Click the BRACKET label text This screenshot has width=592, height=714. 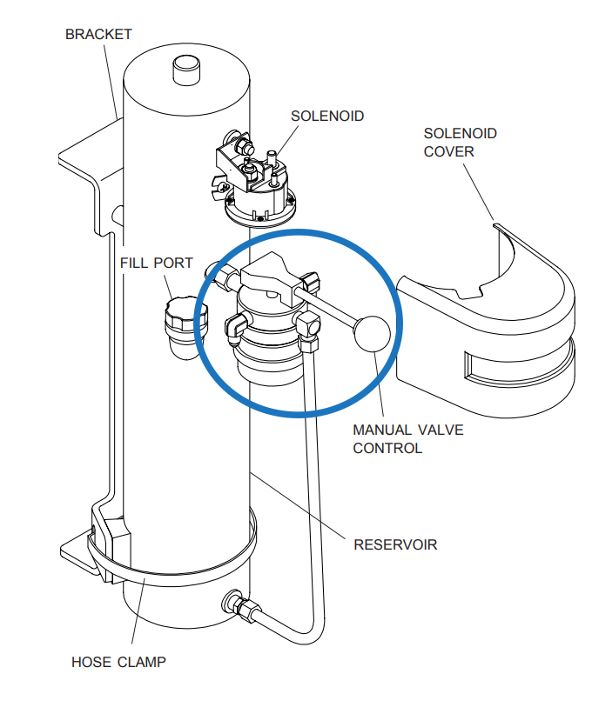98,35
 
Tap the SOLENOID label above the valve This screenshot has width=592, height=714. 327,116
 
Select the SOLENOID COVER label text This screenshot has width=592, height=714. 460,142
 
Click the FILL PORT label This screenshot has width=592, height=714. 157,263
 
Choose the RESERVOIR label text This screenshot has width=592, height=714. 394,545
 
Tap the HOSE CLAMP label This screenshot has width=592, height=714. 118,662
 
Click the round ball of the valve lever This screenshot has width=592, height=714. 372,331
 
